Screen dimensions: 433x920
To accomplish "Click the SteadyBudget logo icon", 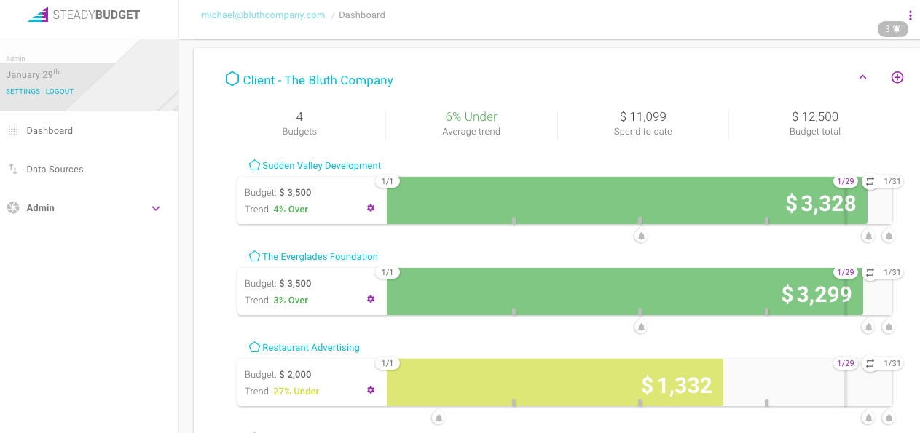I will (38, 15).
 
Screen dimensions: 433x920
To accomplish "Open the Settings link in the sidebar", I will (23, 92).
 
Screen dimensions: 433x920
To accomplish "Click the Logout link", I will (60, 92).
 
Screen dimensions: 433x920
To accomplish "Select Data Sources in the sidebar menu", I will (55, 170).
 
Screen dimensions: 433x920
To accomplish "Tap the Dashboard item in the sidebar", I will (50, 131).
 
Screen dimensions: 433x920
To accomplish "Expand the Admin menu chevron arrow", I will (155, 208).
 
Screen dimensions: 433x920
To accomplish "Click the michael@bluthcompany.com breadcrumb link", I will (263, 15).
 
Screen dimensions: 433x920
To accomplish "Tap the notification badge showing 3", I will (892, 29).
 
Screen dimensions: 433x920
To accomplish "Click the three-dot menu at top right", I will (910, 15).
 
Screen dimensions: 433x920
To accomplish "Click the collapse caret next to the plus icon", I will (863, 77).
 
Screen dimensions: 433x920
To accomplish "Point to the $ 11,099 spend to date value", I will (642, 116).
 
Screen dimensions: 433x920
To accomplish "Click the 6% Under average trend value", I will (471, 116).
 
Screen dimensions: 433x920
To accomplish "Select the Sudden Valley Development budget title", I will (321, 166).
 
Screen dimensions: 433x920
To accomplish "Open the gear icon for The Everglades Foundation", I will (371, 299).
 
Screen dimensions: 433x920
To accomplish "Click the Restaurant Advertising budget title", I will (310, 348).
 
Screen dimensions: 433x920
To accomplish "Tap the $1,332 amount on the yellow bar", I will (677, 385).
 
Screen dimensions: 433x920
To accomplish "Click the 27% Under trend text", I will (296, 392).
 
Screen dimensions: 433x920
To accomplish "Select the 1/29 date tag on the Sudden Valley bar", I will (845, 182).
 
